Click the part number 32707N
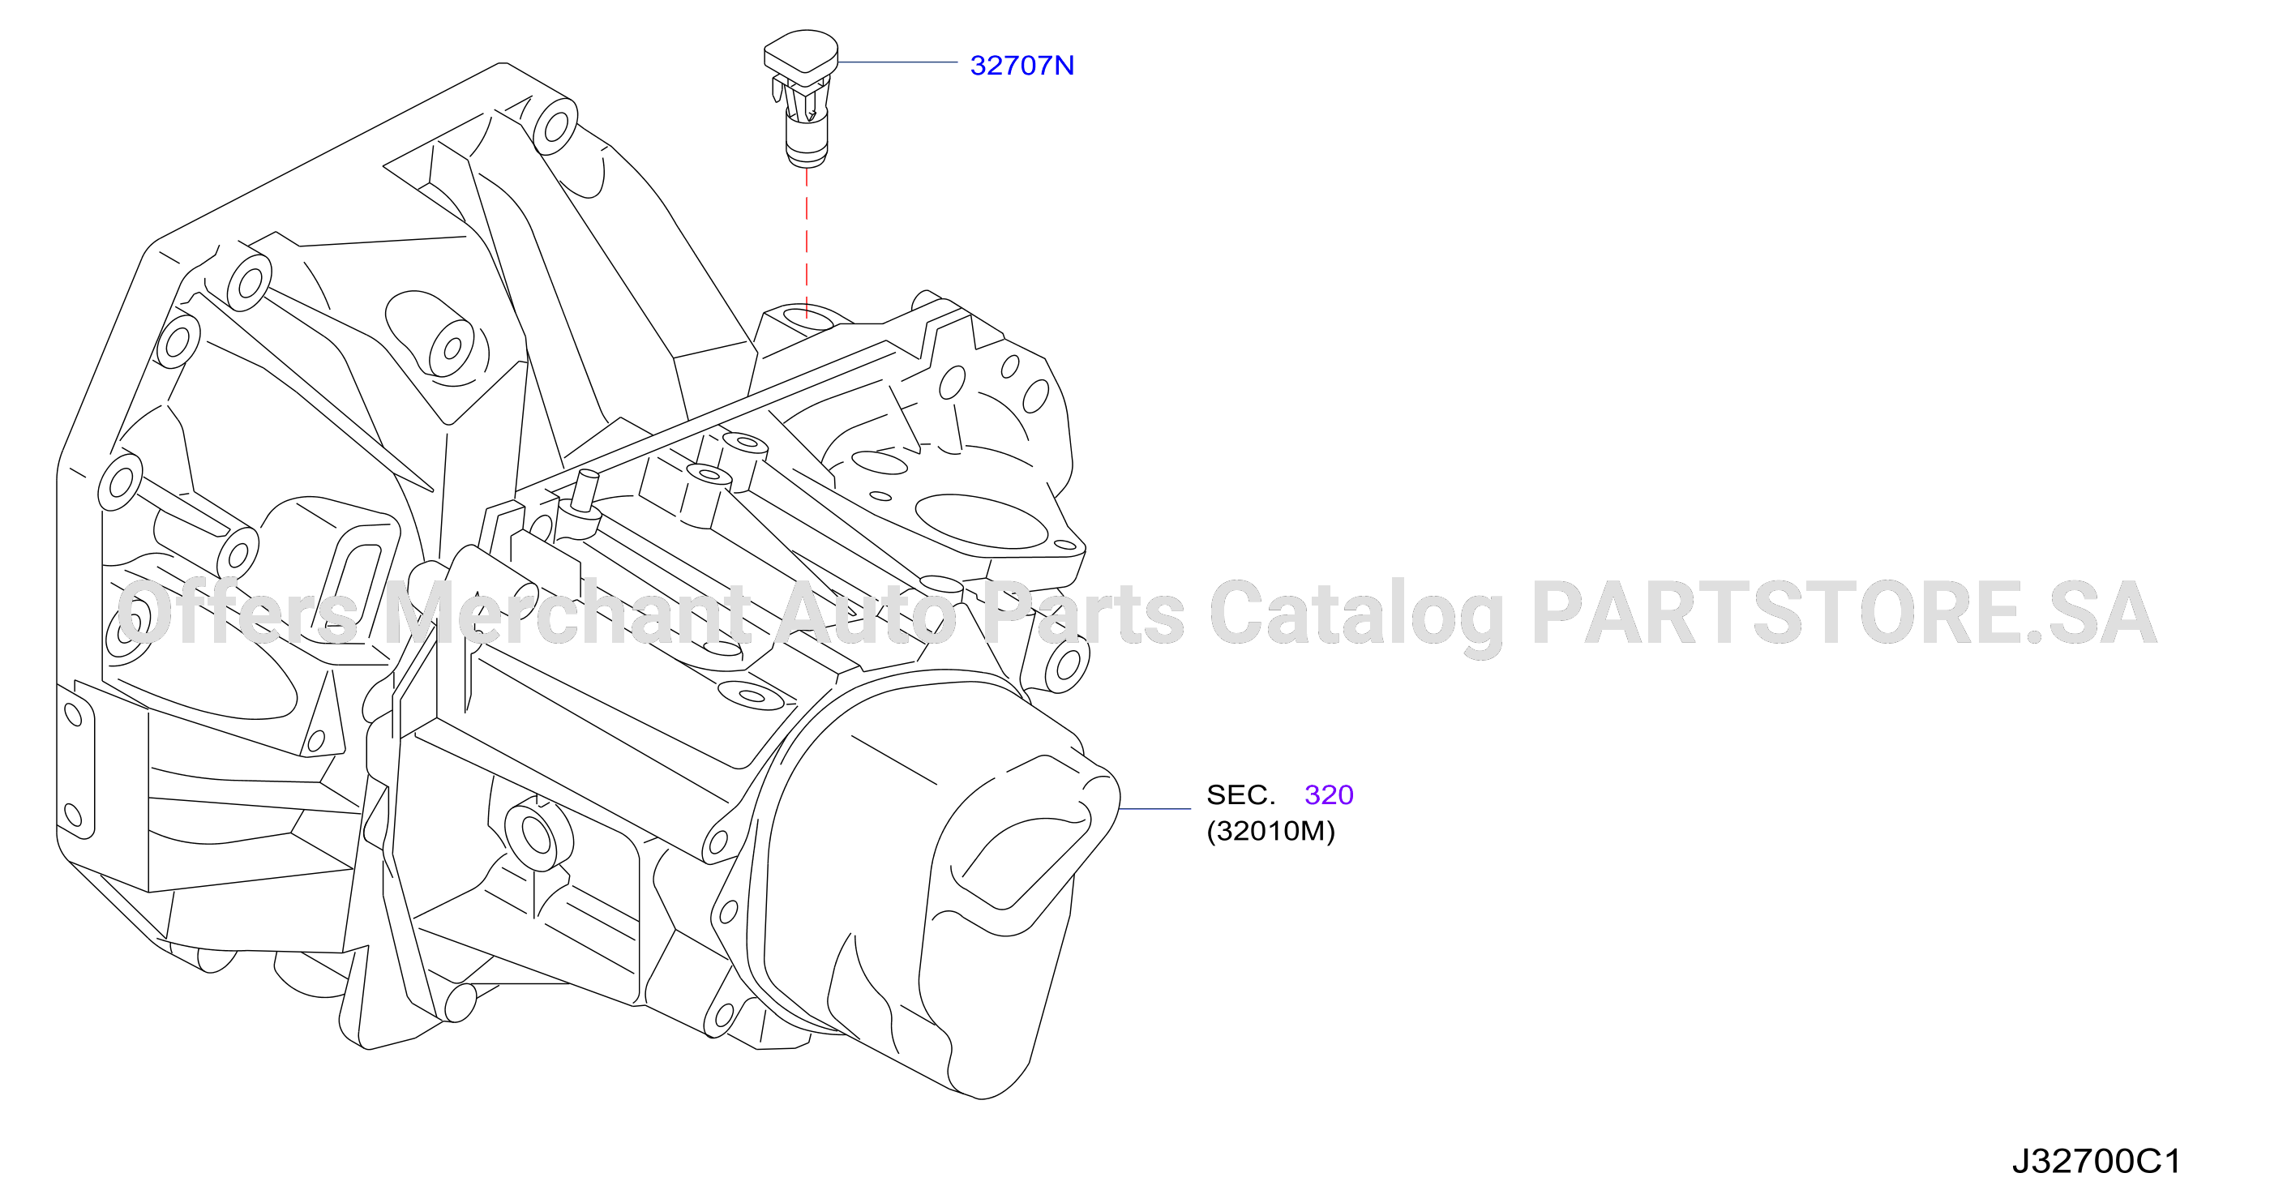click(x=1021, y=65)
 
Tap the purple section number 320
click(x=1329, y=795)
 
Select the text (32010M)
click(x=1270, y=831)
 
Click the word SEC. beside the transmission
click(x=1240, y=795)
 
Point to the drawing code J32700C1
click(x=2097, y=1162)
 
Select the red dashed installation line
click(x=807, y=242)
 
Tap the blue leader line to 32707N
click(x=897, y=62)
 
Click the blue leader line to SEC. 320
click(x=1154, y=808)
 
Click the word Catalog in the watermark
click(x=1356, y=616)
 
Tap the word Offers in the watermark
click(x=237, y=614)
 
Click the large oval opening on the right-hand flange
click(x=981, y=522)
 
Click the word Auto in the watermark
click(x=867, y=614)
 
